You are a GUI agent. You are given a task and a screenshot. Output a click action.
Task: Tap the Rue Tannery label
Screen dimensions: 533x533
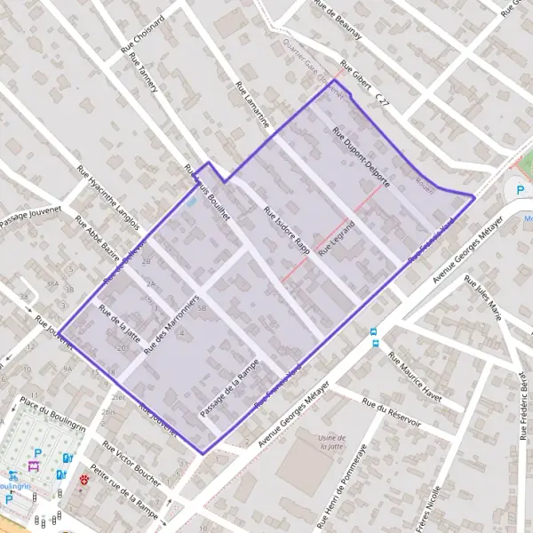point(143,74)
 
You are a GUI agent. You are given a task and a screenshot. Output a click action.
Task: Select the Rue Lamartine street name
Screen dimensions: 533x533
point(252,104)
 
